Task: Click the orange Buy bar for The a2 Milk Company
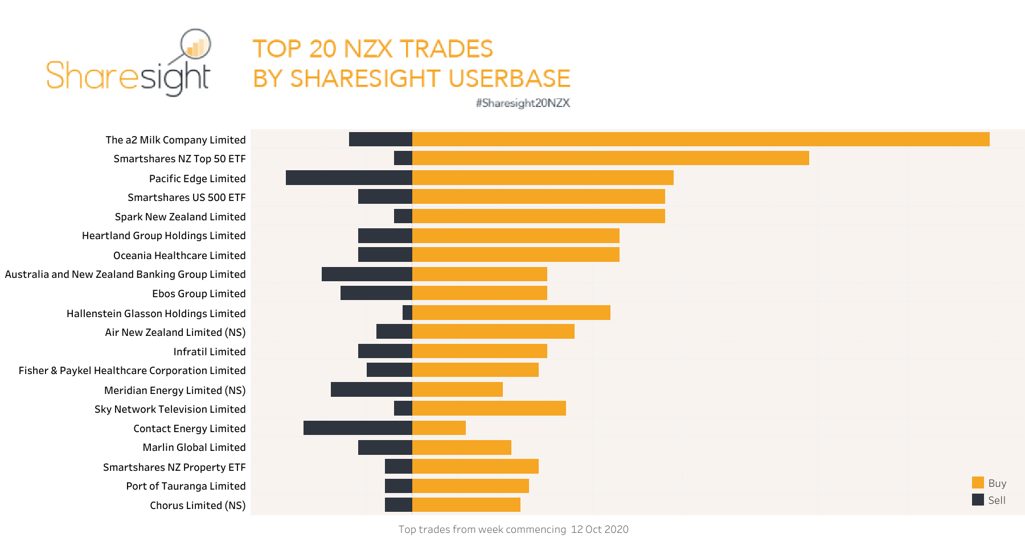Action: click(x=700, y=139)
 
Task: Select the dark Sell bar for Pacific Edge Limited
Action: click(x=348, y=178)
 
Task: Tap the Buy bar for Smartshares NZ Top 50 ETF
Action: click(x=610, y=158)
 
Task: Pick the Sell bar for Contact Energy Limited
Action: click(x=358, y=428)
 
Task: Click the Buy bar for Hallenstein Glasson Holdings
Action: click(x=511, y=313)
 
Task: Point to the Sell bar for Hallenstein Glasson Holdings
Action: click(x=407, y=313)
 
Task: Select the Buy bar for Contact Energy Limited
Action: click(x=438, y=428)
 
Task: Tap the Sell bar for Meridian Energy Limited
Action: click(x=371, y=389)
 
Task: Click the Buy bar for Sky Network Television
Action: click(x=489, y=408)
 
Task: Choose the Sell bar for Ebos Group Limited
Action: click(x=376, y=293)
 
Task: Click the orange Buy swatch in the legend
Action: click(x=978, y=483)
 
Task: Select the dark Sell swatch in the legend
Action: click(x=978, y=500)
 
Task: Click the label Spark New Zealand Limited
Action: click(x=180, y=217)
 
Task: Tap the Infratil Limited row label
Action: click(x=209, y=352)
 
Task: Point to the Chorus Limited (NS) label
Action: click(x=198, y=506)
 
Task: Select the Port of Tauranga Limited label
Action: click(x=186, y=486)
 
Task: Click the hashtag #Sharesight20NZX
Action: click(x=523, y=103)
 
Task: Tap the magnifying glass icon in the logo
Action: click(x=195, y=44)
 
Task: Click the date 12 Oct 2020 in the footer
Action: click(x=600, y=529)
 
